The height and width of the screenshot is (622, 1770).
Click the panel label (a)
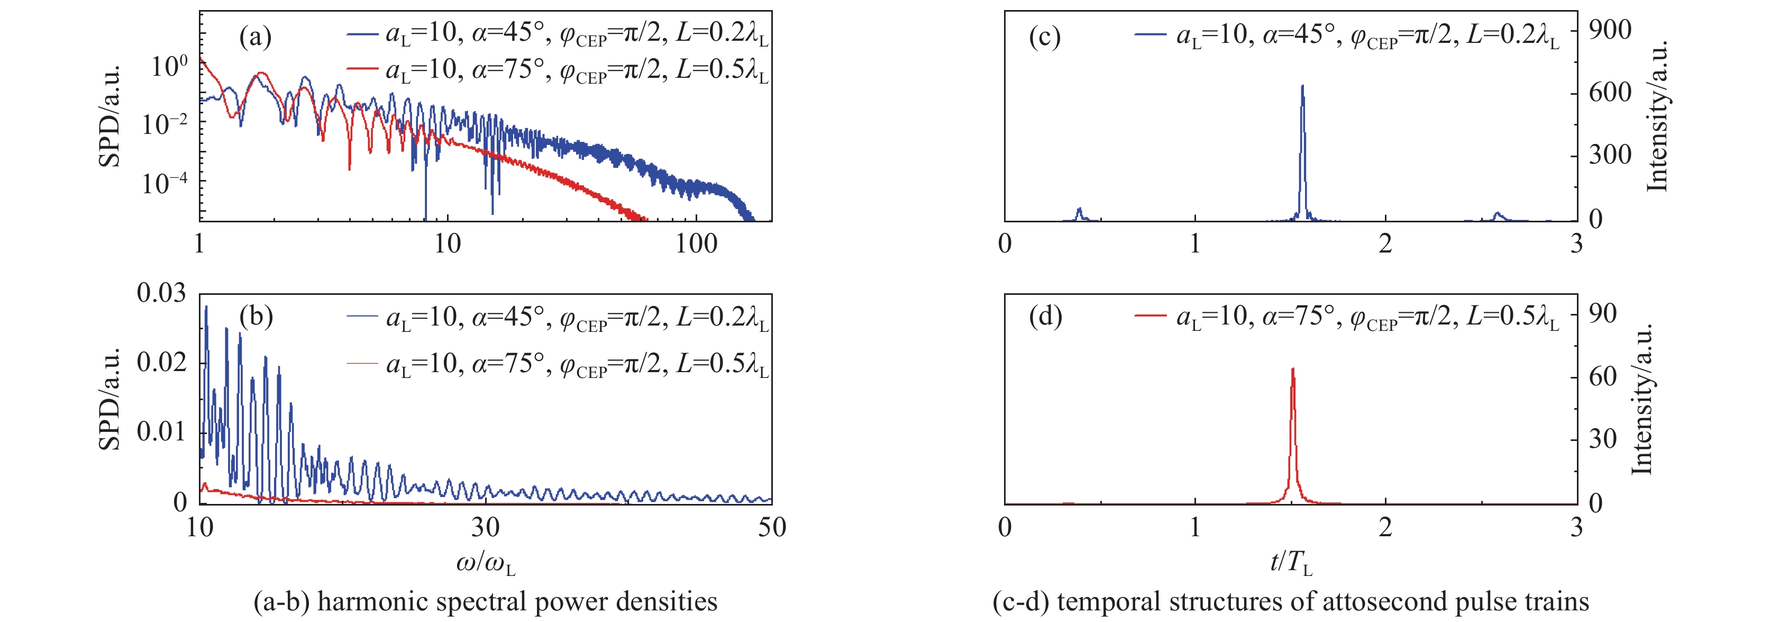pos(255,37)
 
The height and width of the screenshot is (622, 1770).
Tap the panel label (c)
pos(1044,37)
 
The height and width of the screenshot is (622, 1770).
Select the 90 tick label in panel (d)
pos(1602,313)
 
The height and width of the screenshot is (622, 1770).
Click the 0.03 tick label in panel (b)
pos(161,293)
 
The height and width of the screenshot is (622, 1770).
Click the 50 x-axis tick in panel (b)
pos(772,527)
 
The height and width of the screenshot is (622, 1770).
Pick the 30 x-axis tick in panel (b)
pos(485,527)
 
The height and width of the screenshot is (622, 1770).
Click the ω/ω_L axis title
pos(485,564)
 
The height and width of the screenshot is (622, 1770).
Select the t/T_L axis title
pos(1290,564)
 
